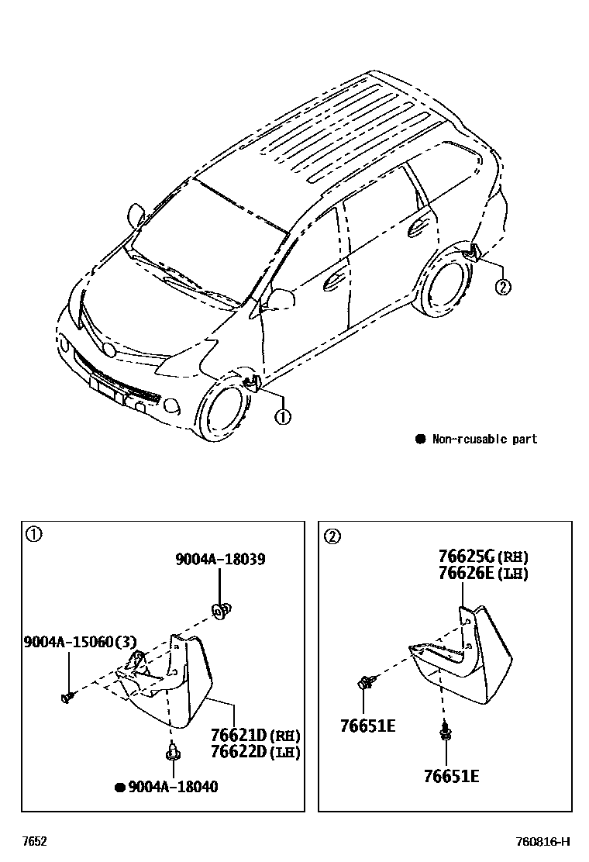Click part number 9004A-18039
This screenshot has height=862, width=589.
(x=220, y=559)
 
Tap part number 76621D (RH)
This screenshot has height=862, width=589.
(x=255, y=735)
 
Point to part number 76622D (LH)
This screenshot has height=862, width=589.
(x=255, y=751)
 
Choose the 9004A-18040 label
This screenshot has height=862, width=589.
(x=173, y=787)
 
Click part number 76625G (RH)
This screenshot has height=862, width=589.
(x=483, y=557)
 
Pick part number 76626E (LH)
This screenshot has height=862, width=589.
(x=483, y=573)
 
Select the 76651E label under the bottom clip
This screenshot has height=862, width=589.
(x=451, y=775)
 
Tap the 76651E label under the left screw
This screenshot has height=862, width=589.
(x=367, y=726)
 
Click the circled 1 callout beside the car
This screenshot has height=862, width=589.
(x=283, y=417)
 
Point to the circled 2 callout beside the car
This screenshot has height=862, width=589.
(x=502, y=288)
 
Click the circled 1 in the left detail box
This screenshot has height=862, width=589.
(x=33, y=534)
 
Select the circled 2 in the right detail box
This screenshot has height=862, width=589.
(x=332, y=536)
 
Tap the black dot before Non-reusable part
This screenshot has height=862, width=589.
(x=421, y=440)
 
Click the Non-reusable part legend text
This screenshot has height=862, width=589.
(x=484, y=440)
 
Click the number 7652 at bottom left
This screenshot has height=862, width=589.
(x=33, y=842)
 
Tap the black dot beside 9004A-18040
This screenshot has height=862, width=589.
(x=120, y=788)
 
